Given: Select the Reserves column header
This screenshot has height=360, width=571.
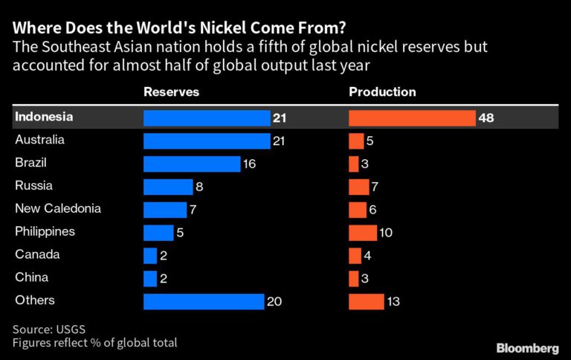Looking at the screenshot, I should pyautogui.click(x=171, y=92).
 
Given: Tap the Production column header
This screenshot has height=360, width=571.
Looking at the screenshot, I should pyautogui.click(x=382, y=92).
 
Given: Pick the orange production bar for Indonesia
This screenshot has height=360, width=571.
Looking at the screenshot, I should pyautogui.click(x=412, y=118).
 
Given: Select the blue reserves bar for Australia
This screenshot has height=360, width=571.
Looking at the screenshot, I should pyautogui.click(x=207, y=141).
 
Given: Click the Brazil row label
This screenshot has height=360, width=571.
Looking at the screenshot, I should pyautogui.click(x=30, y=163).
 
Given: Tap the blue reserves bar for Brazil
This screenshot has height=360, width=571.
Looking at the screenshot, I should pyautogui.click(x=192, y=164).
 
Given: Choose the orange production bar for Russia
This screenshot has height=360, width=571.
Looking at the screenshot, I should pyautogui.click(x=358, y=187).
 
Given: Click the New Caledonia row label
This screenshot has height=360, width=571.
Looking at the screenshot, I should pyautogui.click(x=58, y=209).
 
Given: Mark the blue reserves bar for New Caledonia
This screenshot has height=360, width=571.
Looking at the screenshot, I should pyautogui.click(x=165, y=210).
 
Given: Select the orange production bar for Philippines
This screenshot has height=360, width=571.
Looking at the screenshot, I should pyautogui.click(x=363, y=233).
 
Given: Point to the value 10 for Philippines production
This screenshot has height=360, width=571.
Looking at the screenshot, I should pyautogui.click(x=385, y=233).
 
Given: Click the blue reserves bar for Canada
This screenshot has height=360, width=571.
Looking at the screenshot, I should pyautogui.click(x=150, y=256).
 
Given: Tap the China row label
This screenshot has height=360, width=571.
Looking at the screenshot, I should pyautogui.click(x=31, y=277).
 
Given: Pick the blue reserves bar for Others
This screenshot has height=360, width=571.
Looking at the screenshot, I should pyautogui.click(x=204, y=301).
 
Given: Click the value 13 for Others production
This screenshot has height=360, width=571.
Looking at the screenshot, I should pyautogui.click(x=394, y=301).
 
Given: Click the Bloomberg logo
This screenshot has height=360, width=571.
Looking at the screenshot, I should pyautogui.click(x=527, y=347).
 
